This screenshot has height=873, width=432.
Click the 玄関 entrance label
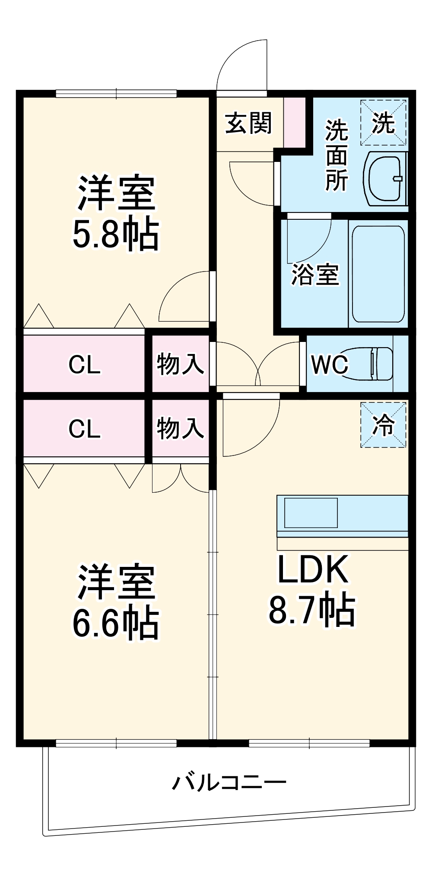coord(248,123)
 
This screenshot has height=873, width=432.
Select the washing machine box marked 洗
coord(383,123)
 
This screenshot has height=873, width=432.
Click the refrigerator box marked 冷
coord(383,425)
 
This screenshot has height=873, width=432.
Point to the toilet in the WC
coord(369,363)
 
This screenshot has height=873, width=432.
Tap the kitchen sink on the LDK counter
coord(310,512)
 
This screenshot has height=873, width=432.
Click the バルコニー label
coord(229,782)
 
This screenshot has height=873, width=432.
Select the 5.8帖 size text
coord(115,235)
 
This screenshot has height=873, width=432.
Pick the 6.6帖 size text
coord(115,624)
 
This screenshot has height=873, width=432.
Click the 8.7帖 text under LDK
coord(312,610)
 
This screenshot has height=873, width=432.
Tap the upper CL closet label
coord(84,365)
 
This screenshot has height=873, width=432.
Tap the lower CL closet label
coord(84,429)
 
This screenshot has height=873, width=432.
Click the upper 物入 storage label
coord(180,364)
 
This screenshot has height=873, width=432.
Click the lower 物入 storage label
coord(180,428)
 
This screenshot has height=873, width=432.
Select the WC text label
coord(329,365)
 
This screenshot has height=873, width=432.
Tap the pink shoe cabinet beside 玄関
coord(294,122)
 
